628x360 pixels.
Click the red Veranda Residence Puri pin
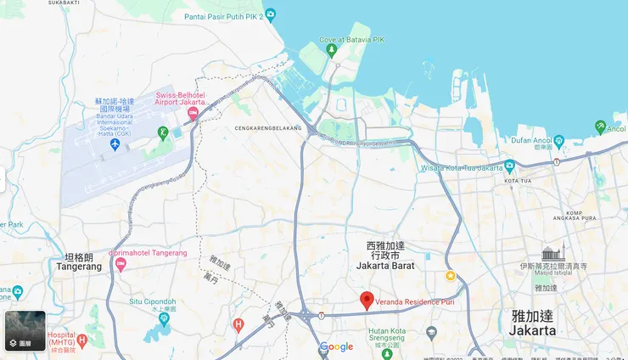367,301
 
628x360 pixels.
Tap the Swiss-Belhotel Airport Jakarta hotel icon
193,113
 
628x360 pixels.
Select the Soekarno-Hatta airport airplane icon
115,145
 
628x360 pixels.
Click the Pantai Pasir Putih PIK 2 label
223,15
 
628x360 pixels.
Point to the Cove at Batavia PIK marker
332,48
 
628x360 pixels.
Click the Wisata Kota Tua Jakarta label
462,167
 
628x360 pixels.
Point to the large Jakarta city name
534,322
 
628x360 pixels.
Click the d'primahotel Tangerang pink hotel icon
121,265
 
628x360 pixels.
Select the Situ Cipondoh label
153,301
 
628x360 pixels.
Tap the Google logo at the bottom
336,346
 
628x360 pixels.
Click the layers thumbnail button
25,331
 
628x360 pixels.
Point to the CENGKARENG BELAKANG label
268,128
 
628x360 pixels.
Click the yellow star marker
451,276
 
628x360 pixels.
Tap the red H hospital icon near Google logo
238,324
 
